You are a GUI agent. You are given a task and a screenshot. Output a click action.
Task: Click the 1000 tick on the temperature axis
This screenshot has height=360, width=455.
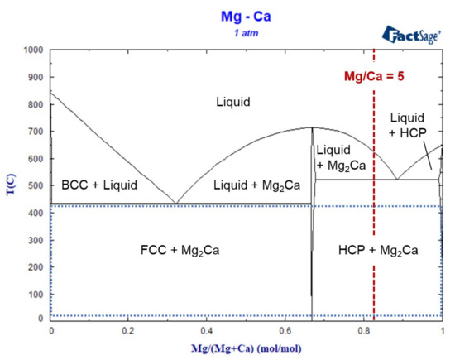point(33,50)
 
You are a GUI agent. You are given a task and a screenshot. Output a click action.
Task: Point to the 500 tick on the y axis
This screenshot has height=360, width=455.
point(36,185)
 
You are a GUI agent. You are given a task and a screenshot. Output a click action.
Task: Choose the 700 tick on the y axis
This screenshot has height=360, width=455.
point(36,131)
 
